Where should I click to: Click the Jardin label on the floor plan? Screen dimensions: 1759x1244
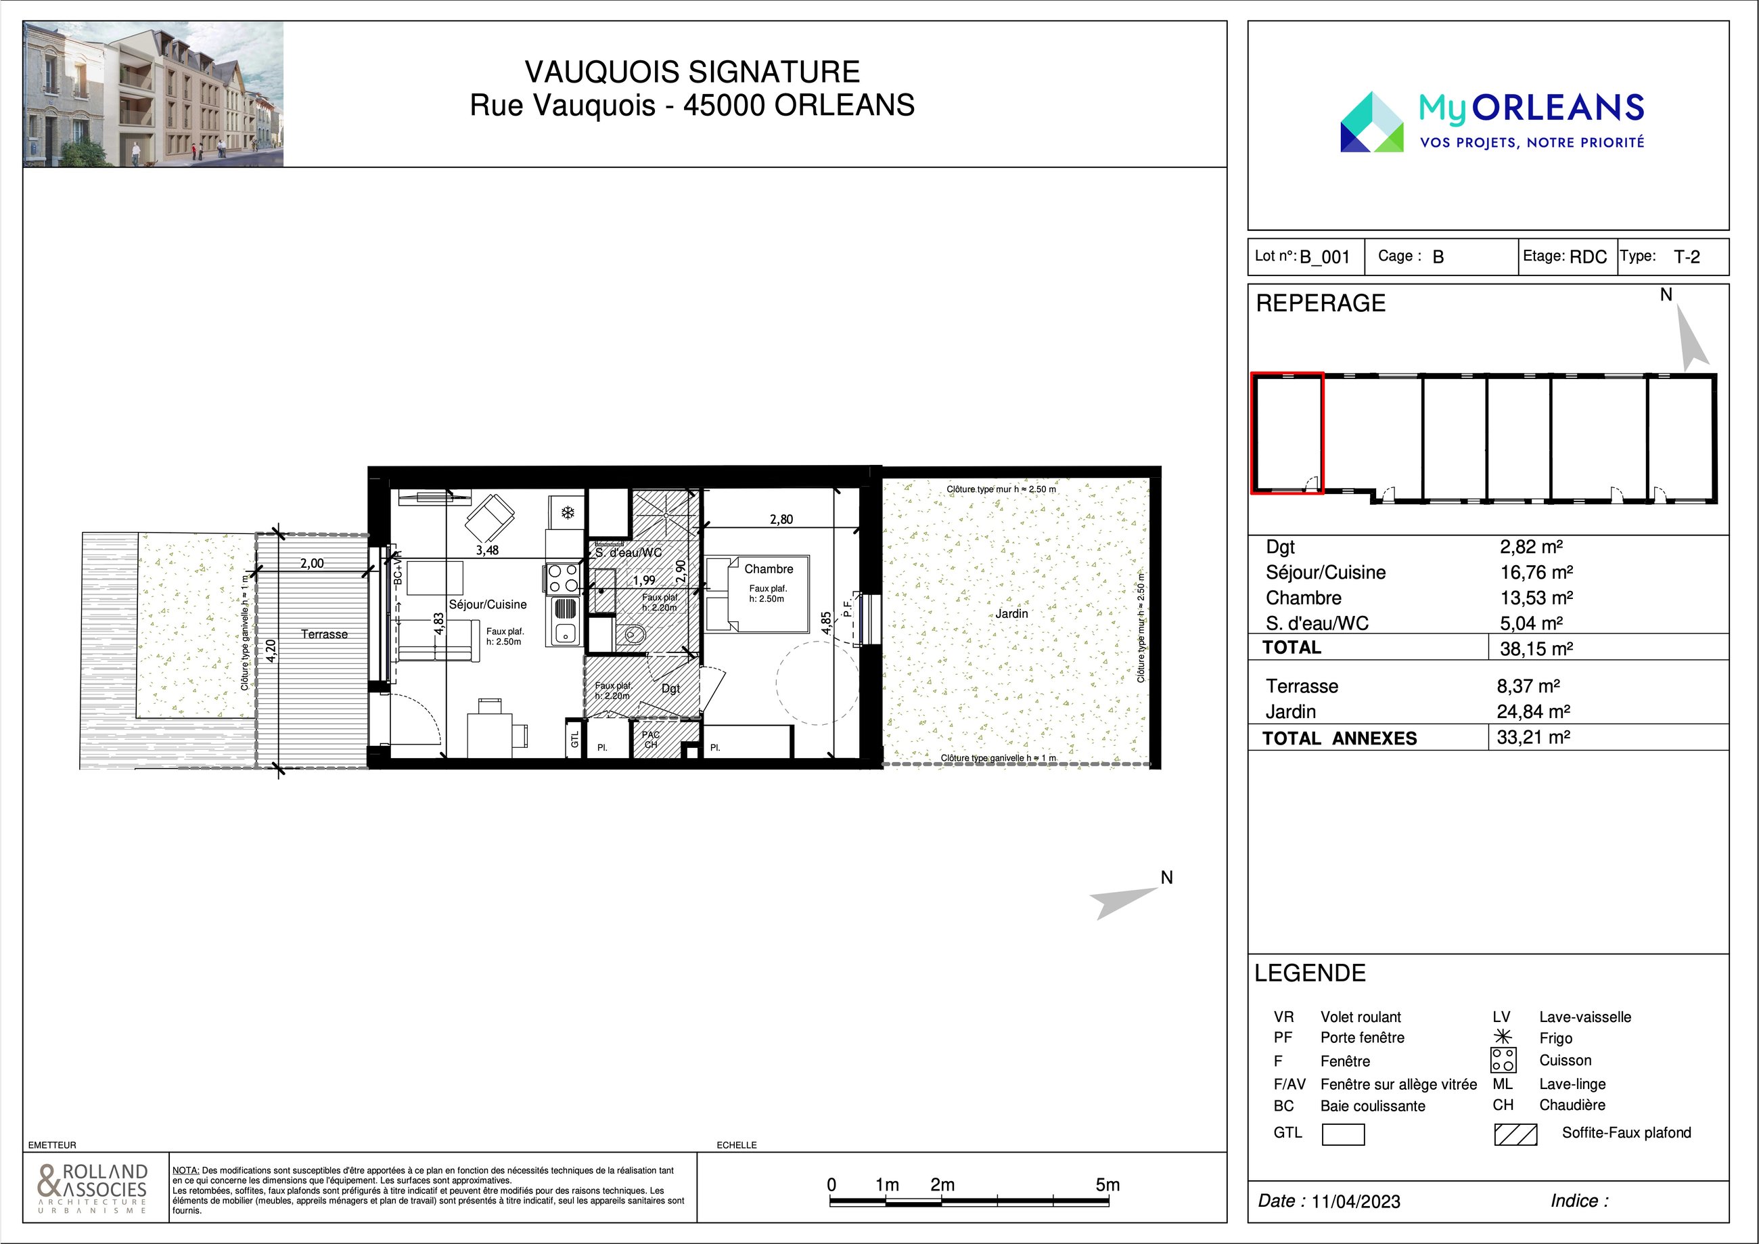1011,613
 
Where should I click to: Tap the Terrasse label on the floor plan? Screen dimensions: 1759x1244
324,634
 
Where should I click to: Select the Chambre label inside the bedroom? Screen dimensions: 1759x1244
769,569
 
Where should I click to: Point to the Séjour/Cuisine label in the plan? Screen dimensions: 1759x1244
488,604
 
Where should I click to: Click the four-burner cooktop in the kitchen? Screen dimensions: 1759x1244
562,578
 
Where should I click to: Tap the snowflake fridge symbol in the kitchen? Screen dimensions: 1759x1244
568,512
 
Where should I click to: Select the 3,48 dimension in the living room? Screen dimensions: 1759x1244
487,550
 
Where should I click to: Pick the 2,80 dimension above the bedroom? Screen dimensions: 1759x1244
781,519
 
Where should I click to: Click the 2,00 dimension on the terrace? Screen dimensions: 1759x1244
312,563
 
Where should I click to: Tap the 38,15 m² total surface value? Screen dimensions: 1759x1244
1536,648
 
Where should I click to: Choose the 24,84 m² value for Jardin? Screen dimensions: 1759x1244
1534,711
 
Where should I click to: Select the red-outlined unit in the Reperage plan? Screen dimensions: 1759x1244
1287,433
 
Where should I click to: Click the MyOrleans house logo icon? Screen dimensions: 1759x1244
1371,122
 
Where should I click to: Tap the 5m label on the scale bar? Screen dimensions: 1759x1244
1107,1184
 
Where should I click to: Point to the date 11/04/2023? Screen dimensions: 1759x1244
1356,1201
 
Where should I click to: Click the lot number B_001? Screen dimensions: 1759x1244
1325,257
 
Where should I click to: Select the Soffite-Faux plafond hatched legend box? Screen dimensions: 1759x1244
1515,1134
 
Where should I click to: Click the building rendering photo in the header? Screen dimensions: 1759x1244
153,93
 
